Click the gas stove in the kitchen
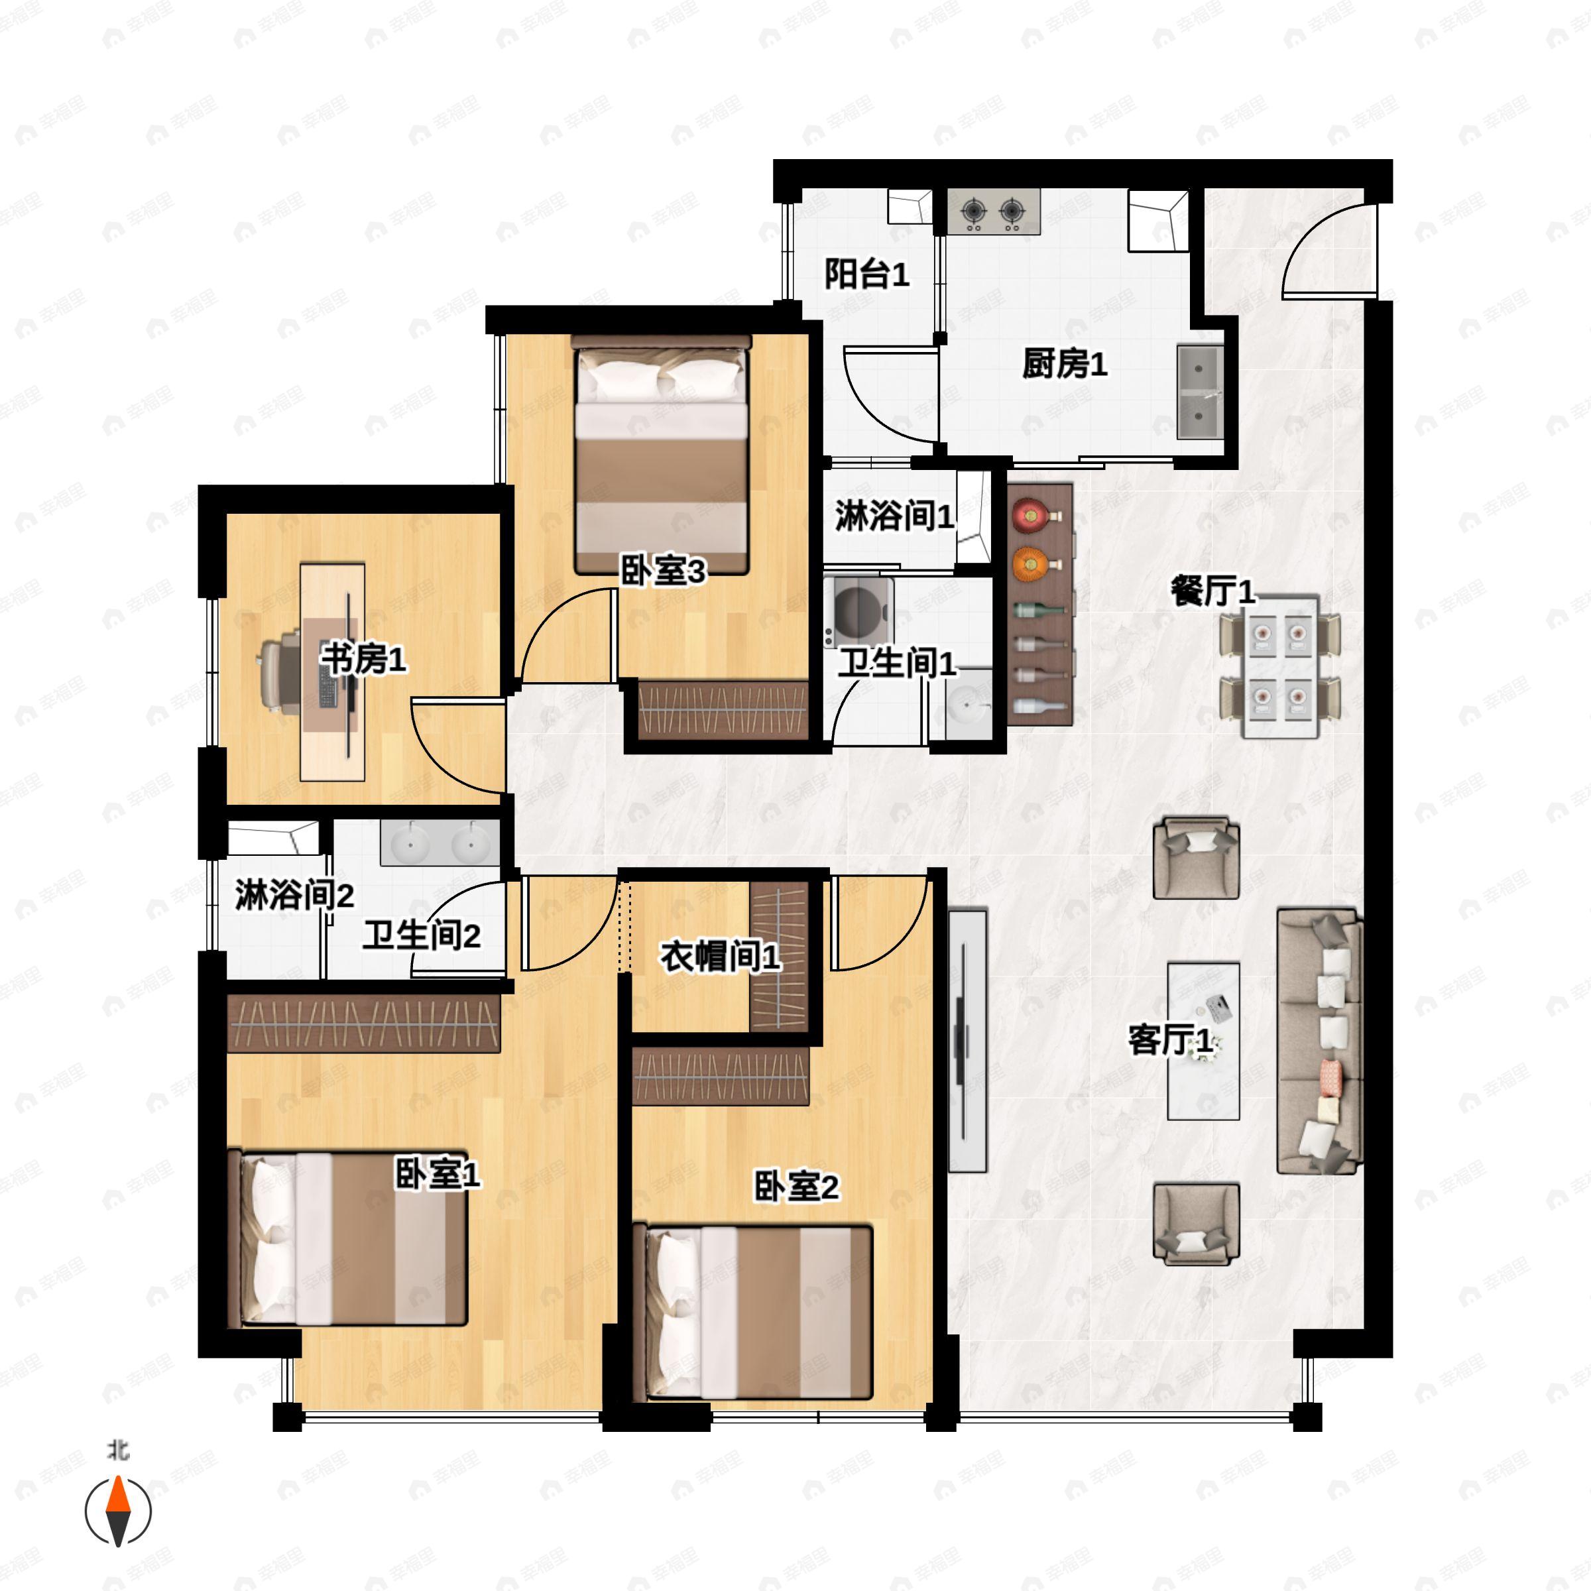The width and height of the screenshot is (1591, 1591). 993,211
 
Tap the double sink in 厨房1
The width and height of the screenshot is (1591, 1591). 1200,392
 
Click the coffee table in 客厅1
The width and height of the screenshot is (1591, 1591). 1203,1041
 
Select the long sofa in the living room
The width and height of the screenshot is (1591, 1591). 1319,1041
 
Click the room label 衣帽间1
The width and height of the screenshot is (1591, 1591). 720,956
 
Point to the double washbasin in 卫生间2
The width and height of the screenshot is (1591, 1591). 440,843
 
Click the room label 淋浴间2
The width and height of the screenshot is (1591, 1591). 294,894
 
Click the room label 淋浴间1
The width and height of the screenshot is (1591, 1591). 894,516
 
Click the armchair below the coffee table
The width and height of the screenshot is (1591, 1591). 1196,1224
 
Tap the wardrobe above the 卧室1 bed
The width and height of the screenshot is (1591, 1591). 363,1023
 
